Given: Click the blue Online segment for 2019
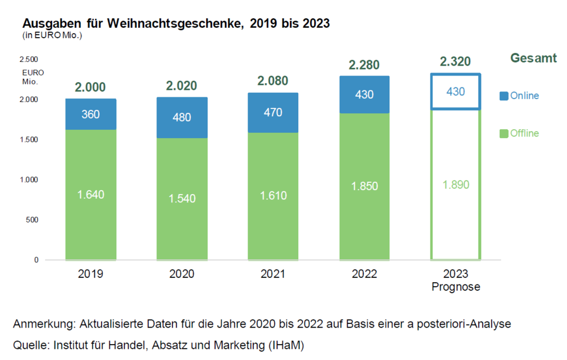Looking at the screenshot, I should pyautogui.click(x=90, y=114).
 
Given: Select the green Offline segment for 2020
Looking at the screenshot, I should pyautogui.click(x=182, y=199).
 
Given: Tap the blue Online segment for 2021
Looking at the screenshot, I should pyautogui.click(x=273, y=112).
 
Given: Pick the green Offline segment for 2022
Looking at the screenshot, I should pyautogui.click(x=364, y=186).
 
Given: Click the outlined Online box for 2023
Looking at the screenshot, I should pyautogui.click(x=455, y=91).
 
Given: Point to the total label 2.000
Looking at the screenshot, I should pyautogui.click(x=90, y=87).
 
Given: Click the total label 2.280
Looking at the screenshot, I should pyautogui.click(x=364, y=64).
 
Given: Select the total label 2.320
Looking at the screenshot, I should pyautogui.click(x=455, y=61).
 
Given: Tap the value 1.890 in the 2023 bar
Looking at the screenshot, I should pyautogui.click(x=455, y=185).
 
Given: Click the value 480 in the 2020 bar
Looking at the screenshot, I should pyautogui.click(x=182, y=117).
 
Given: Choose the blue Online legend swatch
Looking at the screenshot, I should pyautogui.click(x=503, y=96).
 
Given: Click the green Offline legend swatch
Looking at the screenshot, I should pyautogui.click(x=503, y=134).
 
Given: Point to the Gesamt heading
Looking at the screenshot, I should pyautogui.click(x=533, y=58).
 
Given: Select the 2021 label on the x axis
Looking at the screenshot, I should pyautogui.click(x=273, y=274).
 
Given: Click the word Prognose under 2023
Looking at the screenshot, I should pyautogui.click(x=455, y=287).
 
